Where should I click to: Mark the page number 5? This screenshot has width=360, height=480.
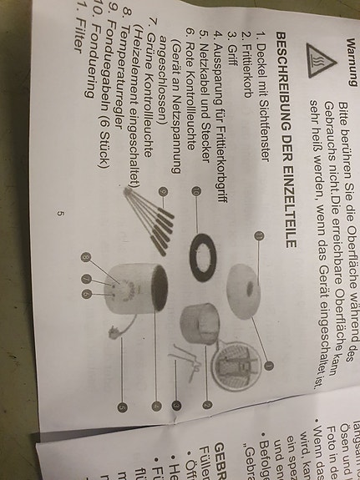coord(60,214)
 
